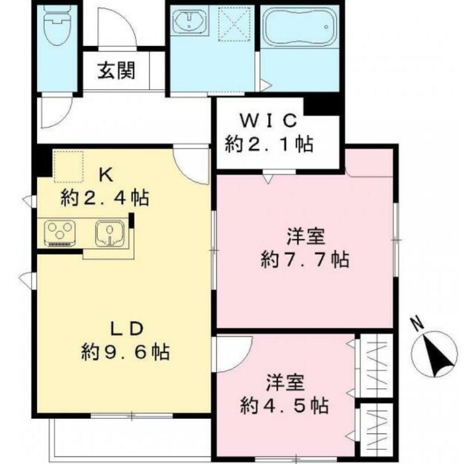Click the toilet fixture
click(58, 25)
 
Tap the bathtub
click(300, 26)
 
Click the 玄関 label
click(116, 70)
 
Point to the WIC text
click(268, 120)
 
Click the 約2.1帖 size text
click(269, 144)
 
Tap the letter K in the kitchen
click(106, 175)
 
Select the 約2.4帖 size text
click(105, 198)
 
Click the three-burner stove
click(60, 233)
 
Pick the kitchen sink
click(110, 233)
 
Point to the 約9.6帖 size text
click(125, 352)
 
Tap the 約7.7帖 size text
click(305, 259)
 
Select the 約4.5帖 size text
click(284, 405)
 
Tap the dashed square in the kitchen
click(68, 167)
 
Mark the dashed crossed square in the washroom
click(234, 24)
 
